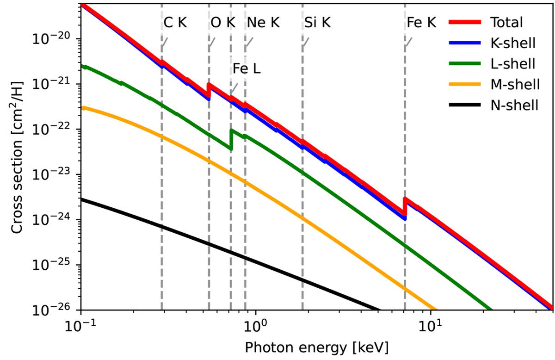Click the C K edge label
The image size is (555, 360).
pos(175,23)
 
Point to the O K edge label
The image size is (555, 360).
pos(223,23)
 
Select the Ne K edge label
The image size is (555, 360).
pos(263,23)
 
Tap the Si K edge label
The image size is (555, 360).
pos(318,23)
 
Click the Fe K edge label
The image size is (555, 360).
pos(421,23)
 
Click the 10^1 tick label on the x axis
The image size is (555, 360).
pos(431,326)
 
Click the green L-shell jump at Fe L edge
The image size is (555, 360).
pos(231,139)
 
